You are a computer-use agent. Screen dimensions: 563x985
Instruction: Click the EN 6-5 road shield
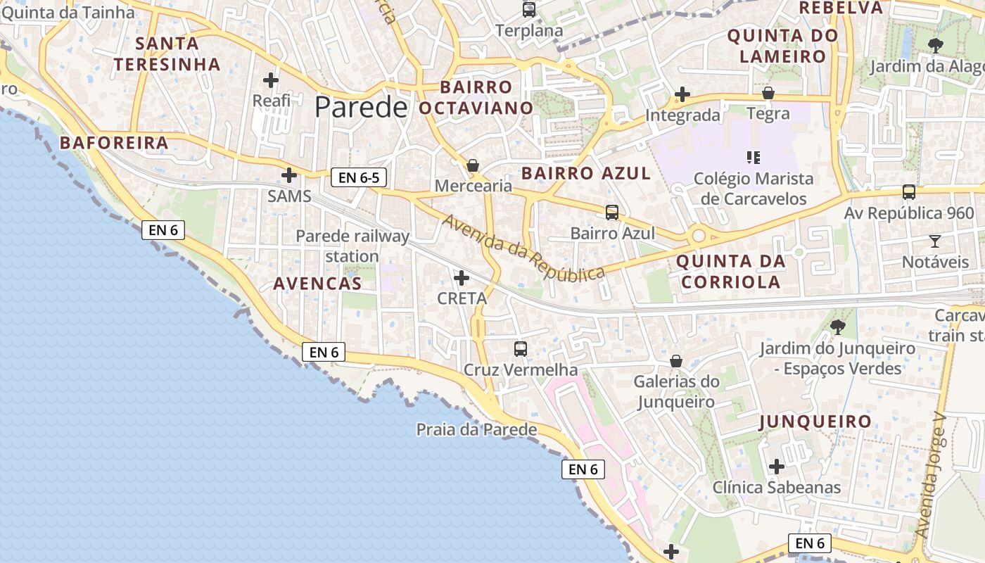pyautogui.click(x=359, y=177)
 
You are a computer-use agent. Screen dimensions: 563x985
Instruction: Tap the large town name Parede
pyautogui.click(x=361, y=107)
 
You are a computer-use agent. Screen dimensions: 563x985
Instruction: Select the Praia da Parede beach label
pyautogui.click(x=476, y=429)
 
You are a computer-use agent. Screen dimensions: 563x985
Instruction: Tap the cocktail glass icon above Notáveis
pyautogui.click(x=934, y=241)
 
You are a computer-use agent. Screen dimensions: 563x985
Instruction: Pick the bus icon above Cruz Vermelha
pyautogui.click(x=521, y=348)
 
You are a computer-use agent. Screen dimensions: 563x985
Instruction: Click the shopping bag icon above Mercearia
pyautogui.click(x=473, y=165)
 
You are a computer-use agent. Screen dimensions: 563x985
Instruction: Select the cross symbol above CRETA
pyautogui.click(x=462, y=278)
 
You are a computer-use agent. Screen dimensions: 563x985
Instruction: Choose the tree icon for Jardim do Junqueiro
pyautogui.click(x=837, y=327)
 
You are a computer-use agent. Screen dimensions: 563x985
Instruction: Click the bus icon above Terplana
pyautogui.click(x=529, y=10)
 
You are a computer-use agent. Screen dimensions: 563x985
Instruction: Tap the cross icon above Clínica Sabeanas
pyautogui.click(x=777, y=466)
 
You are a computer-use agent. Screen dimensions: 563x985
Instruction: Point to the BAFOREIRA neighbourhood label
pyautogui.click(x=114, y=143)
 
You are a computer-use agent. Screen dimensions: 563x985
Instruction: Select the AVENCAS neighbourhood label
pyautogui.click(x=317, y=284)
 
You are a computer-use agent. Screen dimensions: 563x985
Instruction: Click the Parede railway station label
pyautogui.click(x=352, y=246)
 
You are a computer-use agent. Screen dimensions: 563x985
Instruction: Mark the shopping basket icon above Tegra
pyautogui.click(x=768, y=93)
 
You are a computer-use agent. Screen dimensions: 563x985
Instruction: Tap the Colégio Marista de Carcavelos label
pyautogui.click(x=754, y=189)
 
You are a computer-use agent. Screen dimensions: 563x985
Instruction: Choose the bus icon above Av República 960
pyautogui.click(x=909, y=191)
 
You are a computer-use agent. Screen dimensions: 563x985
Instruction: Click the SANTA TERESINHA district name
pyautogui.click(x=167, y=53)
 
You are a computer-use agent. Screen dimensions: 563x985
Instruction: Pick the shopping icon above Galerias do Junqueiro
pyautogui.click(x=676, y=361)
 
